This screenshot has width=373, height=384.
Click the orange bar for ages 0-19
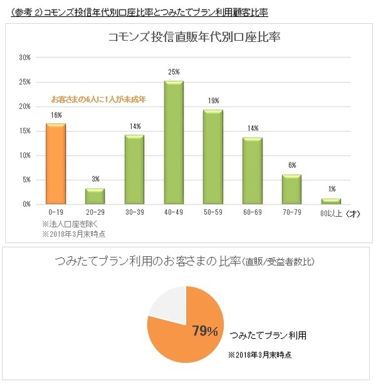[x=55, y=164]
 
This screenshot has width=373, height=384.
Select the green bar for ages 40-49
[x=174, y=143]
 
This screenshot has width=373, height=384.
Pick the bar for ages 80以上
[x=330, y=201]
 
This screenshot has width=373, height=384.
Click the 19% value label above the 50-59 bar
[x=213, y=101]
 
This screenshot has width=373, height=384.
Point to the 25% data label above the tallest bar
[x=174, y=72]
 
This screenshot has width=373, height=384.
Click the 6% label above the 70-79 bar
[x=292, y=165]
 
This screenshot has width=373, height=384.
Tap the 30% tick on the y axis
[x=25, y=57]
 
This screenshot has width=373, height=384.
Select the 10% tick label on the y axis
[x=25, y=156]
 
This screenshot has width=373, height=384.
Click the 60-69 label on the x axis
[x=252, y=212]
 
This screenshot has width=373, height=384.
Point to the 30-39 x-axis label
[x=134, y=212]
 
